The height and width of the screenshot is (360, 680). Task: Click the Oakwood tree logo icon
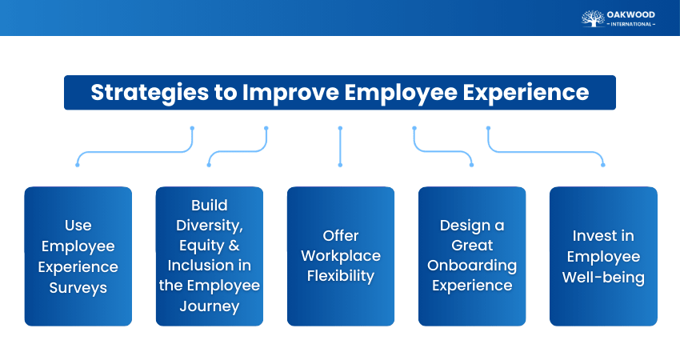click(x=593, y=18)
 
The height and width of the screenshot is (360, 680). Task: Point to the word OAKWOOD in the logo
click(x=632, y=14)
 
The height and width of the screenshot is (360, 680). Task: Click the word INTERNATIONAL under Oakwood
click(x=632, y=24)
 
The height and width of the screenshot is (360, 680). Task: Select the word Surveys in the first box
click(x=78, y=288)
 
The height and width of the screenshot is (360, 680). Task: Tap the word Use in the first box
click(x=78, y=226)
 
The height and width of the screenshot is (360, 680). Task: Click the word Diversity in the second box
click(x=210, y=225)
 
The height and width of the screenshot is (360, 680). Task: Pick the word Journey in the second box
click(x=210, y=306)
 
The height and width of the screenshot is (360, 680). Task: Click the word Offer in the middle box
click(x=341, y=236)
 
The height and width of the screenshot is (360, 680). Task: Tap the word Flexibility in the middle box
click(x=341, y=276)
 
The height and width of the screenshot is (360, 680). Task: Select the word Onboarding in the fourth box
click(x=472, y=266)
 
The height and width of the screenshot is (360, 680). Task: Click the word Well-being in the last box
click(x=603, y=277)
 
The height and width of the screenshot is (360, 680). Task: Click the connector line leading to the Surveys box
click(x=136, y=150)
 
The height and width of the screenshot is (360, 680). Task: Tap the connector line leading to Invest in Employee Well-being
click(x=544, y=150)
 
